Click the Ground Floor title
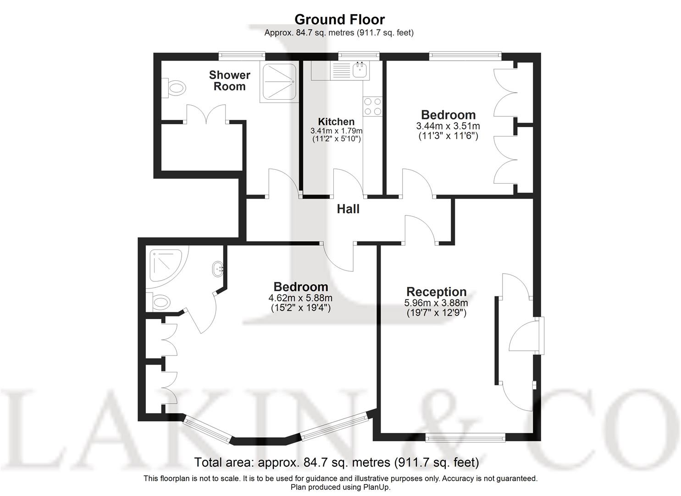point(339,19)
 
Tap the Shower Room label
point(229,80)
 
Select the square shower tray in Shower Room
point(279,82)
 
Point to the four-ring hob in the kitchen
point(372,107)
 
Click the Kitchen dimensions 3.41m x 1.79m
point(336,130)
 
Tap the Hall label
point(348,209)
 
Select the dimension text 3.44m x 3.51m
point(448,126)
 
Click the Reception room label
point(436,292)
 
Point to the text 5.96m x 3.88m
point(436,303)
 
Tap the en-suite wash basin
point(218,268)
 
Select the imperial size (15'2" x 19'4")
point(300,308)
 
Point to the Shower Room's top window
point(242,56)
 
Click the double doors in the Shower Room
point(207,114)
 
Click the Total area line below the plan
point(336,462)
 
